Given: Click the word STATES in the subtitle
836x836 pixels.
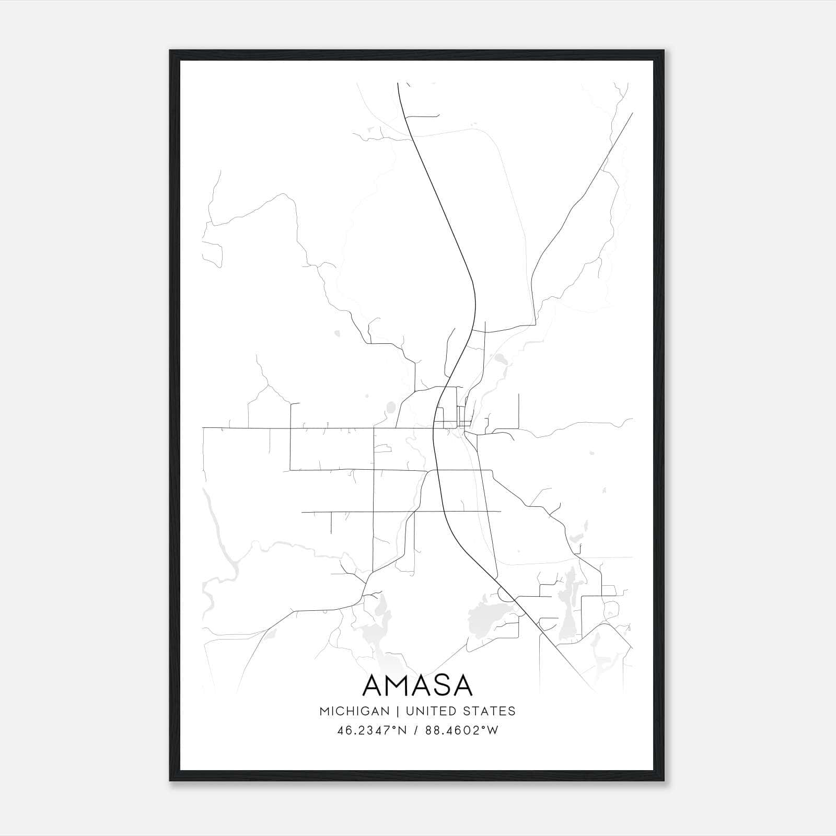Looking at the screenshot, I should (x=489, y=711).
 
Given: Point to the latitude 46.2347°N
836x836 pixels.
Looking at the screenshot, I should (x=371, y=730).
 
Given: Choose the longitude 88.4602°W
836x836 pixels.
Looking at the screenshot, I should (x=462, y=730).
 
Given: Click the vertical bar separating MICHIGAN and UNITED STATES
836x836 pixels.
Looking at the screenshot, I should (x=398, y=711).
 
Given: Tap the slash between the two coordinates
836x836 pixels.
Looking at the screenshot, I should (x=415, y=730).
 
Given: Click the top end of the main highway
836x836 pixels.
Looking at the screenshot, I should (x=398, y=84).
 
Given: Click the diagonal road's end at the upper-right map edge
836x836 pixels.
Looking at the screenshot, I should (x=632, y=113).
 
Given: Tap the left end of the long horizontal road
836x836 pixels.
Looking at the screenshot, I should (x=203, y=427).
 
